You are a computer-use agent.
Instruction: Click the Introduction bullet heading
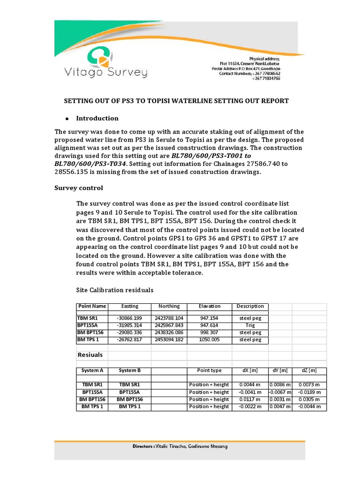point(97,118)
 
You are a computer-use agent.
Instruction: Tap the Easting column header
point(130,306)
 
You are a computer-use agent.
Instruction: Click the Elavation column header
point(210,306)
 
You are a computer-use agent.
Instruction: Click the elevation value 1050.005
point(210,339)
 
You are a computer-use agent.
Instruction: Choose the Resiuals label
point(90,355)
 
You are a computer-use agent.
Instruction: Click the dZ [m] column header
point(310,370)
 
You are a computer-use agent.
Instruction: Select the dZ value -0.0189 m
point(310,392)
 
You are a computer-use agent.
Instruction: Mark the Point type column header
point(210,370)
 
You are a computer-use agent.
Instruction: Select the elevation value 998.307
point(210,332)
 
